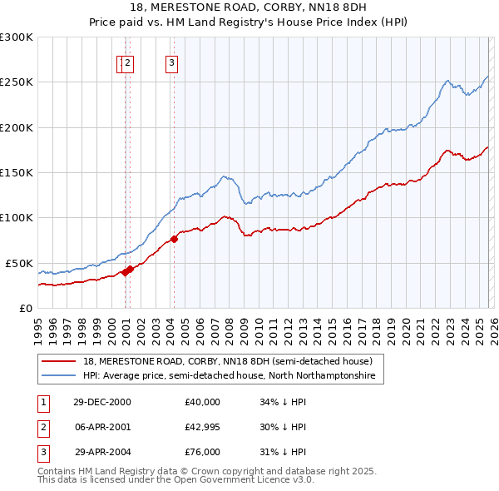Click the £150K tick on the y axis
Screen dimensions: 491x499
click(17, 172)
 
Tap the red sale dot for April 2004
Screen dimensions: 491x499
click(174, 240)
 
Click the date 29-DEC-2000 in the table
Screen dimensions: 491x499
click(102, 402)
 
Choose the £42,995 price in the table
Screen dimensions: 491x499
click(203, 427)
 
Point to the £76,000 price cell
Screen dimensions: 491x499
click(203, 452)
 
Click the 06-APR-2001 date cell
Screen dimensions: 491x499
click(102, 427)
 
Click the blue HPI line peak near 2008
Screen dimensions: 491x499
click(224, 176)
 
